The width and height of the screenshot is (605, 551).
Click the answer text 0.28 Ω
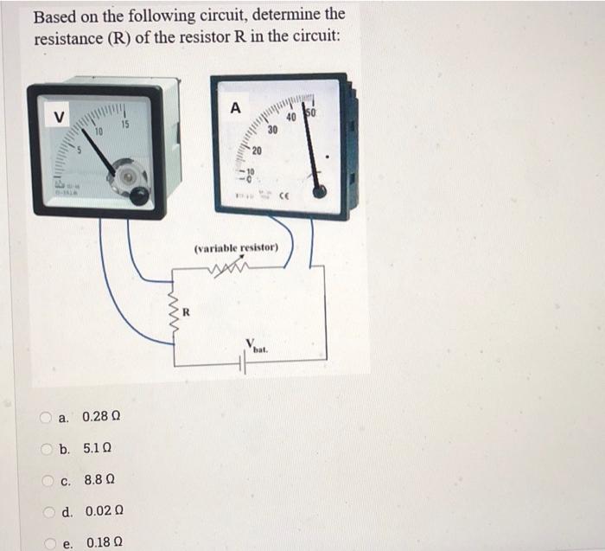[x=101, y=417]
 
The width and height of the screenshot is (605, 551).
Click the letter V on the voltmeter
[x=58, y=118]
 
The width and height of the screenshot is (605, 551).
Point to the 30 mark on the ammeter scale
[x=271, y=130]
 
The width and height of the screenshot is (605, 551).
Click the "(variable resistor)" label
[x=235, y=248]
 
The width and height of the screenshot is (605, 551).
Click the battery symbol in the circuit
[x=245, y=364]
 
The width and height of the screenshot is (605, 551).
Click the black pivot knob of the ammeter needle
[x=321, y=191]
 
